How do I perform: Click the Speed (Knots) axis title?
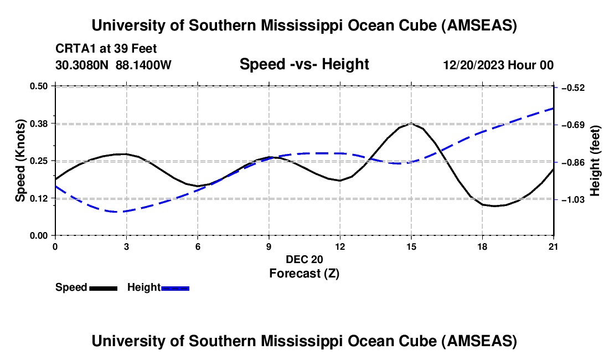[x=20, y=161]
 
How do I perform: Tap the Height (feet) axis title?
[x=595, y=161]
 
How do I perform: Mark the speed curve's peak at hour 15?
[x=411, y=124]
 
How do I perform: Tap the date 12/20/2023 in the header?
[x=474, y=65]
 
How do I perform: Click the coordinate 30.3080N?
[x=83, y=65]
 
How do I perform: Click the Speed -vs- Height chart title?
[x=304, y=64]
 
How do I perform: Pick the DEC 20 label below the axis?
[x=304, y=259]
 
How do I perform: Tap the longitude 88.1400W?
[x=143, y=65]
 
